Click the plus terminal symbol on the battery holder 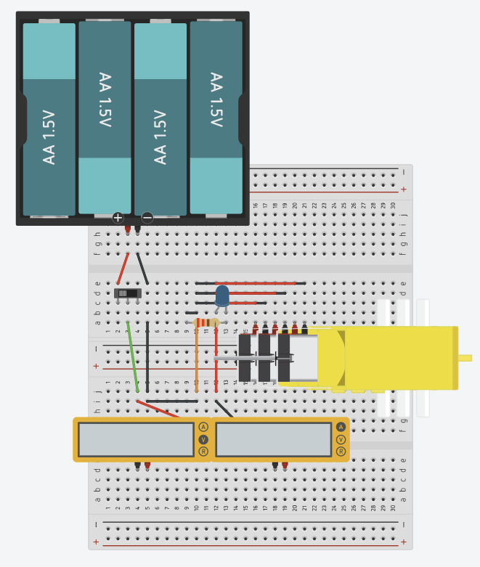pos(118,217)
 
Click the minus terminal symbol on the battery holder pos(147,217)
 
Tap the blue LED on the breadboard pos(222,295)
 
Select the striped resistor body pos(208,322)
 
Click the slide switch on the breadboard pos(128,293)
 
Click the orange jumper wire pos(196,363)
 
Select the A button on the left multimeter pos(203,427)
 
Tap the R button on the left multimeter pos(203,452)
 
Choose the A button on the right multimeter pos(341,427)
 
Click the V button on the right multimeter pos(341,439)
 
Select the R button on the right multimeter pos(341,452)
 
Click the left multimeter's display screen pos(136,439)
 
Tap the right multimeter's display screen pos(273,439)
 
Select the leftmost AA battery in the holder pos(49,120)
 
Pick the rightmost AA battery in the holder pos(216,116)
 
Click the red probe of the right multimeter pos(285,465)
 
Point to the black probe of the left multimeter pos(137,465)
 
